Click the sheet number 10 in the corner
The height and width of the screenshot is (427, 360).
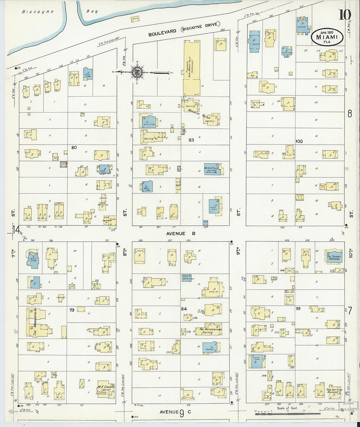click(x=344, y=14)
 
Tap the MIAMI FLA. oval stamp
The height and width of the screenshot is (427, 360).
click(x=327, y=37)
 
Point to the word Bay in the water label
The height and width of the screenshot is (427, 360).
click(x=92, y=11)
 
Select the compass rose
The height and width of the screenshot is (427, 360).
click(x=137, y=72)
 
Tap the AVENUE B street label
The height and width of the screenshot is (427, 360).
click(x=180, y=234)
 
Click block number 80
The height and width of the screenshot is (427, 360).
click(x=74, y=148)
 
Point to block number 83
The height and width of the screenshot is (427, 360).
click(x=191, y=140)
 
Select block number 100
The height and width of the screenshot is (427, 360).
click(x=299, y=141)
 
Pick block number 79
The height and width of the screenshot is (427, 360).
click(x=72, y=310)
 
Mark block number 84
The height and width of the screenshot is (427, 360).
click(x=184, y=309)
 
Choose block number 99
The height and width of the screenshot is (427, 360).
click(x=298, y=309)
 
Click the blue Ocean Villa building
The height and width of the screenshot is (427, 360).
click(x=212, y=169)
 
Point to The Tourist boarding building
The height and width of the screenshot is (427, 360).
click(x=334, y=257)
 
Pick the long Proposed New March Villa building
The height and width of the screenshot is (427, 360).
click(x=192, y=68)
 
